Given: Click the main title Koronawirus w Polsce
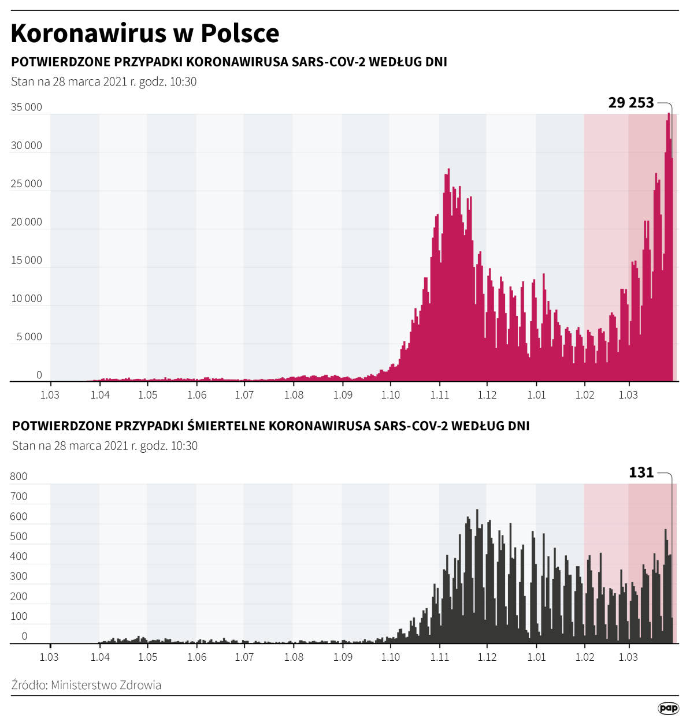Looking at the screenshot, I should pos(145,34).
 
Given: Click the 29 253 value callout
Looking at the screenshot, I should pos(631,103).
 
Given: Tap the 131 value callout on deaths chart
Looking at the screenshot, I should pos(641,472).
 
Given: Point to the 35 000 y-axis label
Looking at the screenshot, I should pos(27,107).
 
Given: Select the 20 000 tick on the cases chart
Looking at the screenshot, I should pos(27,222).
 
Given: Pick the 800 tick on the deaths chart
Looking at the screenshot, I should pos(18,477).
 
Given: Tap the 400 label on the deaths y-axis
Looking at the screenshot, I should pos(18,556).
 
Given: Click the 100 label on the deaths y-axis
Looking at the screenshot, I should pos(18,616).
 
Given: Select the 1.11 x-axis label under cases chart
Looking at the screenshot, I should pos(440,395).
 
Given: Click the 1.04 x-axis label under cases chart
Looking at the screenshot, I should pos(100,395).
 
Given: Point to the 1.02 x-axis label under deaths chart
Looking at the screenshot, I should pos(585,657).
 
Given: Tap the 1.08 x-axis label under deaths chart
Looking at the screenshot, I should pos(294,657).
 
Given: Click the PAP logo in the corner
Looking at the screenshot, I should pos(668,708).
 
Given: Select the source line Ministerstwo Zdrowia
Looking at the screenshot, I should pos(86,685).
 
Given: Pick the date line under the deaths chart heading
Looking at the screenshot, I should pos(105,446).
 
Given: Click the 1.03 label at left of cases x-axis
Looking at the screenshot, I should pos(50,395).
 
